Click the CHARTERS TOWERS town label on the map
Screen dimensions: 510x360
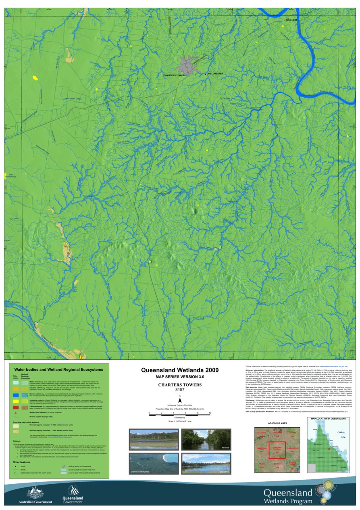point(175,75)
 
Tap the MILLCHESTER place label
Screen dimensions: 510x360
point(215,74)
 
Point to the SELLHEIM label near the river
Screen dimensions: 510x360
point(291,19)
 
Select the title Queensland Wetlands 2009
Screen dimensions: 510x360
point(180,370)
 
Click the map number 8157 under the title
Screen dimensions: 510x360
point(180,390)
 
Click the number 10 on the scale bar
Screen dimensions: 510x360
point(210,413)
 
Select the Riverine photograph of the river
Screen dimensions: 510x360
point(206,439)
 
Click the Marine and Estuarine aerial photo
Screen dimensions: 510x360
point(153,463)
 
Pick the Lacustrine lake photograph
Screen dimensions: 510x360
point(206,463)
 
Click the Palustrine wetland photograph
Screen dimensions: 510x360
point(153,439)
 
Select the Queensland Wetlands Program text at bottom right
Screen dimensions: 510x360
point(288,496)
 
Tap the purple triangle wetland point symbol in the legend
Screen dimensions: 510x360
point(16,424)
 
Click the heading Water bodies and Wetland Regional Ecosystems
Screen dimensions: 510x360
point(58,369)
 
